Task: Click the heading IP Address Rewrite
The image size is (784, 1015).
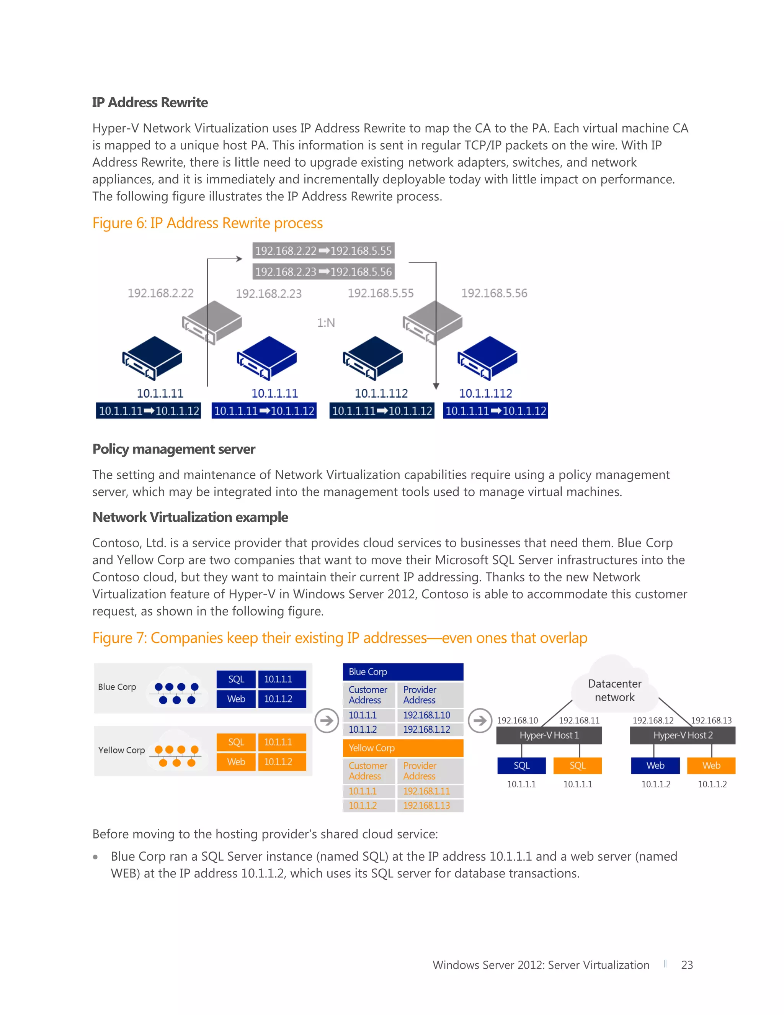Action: (x=150, y=102)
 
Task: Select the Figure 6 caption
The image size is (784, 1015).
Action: (x=207, y=223)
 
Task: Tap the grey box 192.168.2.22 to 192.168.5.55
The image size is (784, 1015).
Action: (x=323, y=250)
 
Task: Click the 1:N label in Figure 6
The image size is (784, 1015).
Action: (x=326, y=323)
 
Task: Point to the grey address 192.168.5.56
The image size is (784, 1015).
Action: (x=494, y=293)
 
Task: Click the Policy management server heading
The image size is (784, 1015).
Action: (x=174, y=449)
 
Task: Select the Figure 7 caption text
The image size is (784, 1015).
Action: (x=340, y=638)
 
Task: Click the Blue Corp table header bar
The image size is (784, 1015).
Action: (x=403, y=671)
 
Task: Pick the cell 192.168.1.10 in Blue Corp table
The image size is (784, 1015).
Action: (x=426, y=715)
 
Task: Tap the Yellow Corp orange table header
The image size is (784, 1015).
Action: (x=403, y=748)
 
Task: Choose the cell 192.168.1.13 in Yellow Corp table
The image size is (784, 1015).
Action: (x=426, y=805)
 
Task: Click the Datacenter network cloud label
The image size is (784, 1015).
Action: (x=614, y=690)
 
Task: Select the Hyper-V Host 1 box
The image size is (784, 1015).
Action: (x=549, y=735)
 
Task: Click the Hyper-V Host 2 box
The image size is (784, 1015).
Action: (x=682, y=735)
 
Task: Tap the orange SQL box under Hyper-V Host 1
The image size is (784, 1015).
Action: (x=577, y=765)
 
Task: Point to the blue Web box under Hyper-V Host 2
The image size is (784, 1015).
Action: (x=655, y=765)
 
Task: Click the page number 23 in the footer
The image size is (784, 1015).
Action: (x=686, y=965)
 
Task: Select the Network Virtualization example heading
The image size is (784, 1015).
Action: (x=190, y=517)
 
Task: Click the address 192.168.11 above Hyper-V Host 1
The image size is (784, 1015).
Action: (x=579, y=720)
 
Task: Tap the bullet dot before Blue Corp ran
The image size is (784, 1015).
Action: (x=95, y=857)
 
